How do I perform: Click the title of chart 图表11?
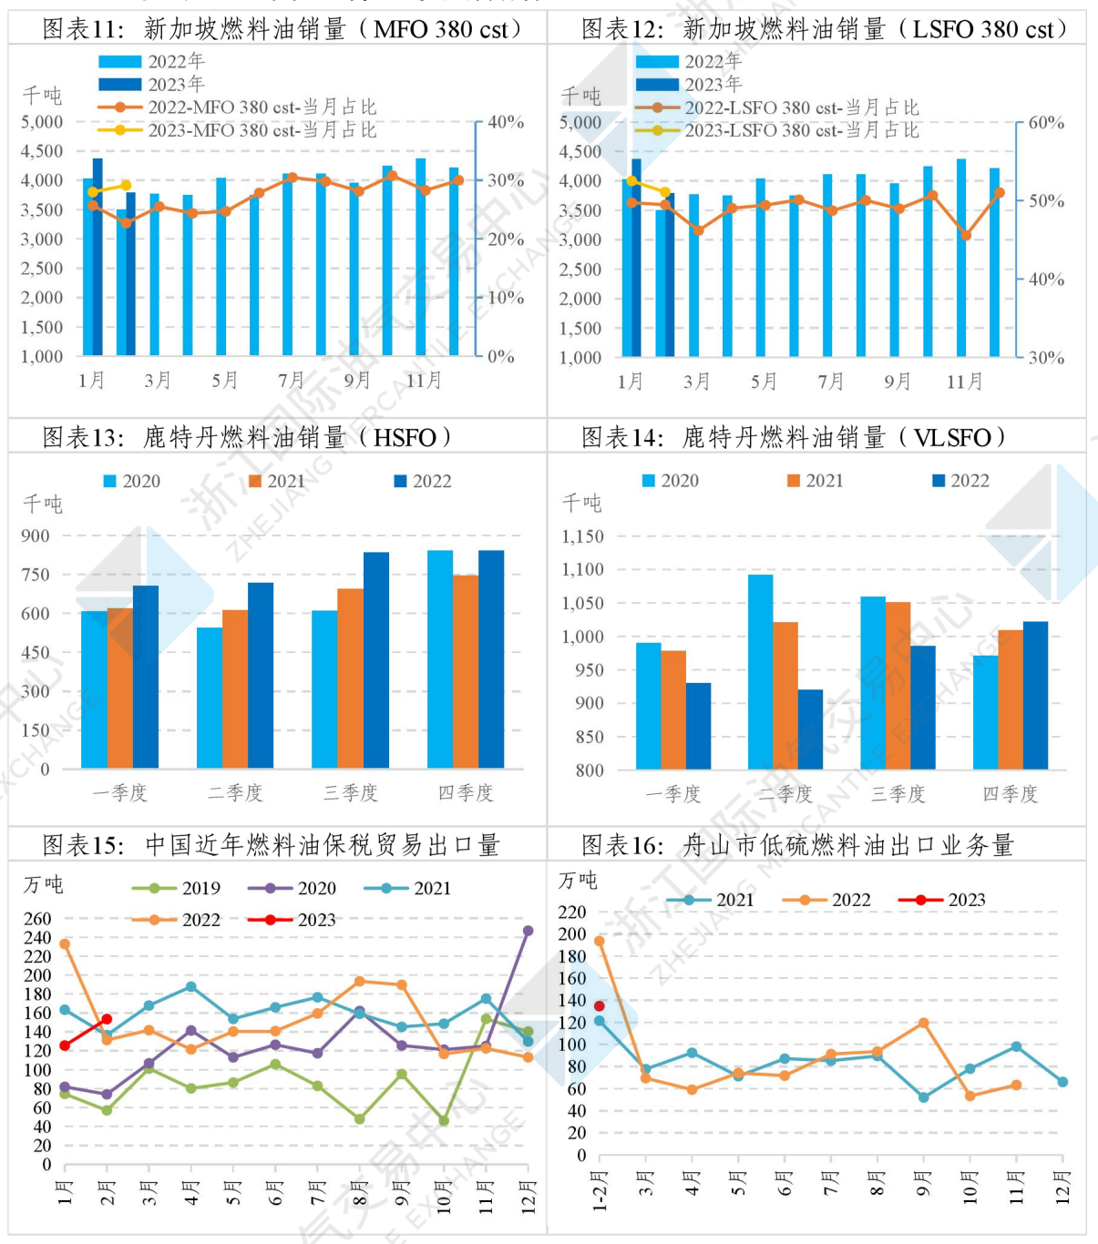pyautogui.click(x=282, y=29)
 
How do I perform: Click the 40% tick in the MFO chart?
pyautogui.click(x=506, y=122)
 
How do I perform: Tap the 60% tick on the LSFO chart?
pyautogui.click(x=1046, y=123)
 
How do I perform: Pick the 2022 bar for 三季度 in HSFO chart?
pyautogui.click(x=376, y=659)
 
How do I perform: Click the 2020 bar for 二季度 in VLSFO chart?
pyautogui.click(x=760, y=671)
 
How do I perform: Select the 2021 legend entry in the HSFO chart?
pyautogui.click(x=277, y=481)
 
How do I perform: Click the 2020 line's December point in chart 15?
pyautogui.click(x=528, y=931)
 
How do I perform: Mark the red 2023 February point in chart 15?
pyautogui.click(x=107, y=1019)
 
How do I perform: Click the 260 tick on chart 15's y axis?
pyautogui.click(x=37, y=918)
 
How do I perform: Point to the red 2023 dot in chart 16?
pyautogui.click(x=600, y=1006)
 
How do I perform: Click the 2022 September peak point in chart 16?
pyautogui.click(x=924, y=1023)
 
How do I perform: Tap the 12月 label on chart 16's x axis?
pyautogui.click(x=1062, y=1188)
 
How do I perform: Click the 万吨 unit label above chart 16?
pyautogui.click(x=578, y=880)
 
